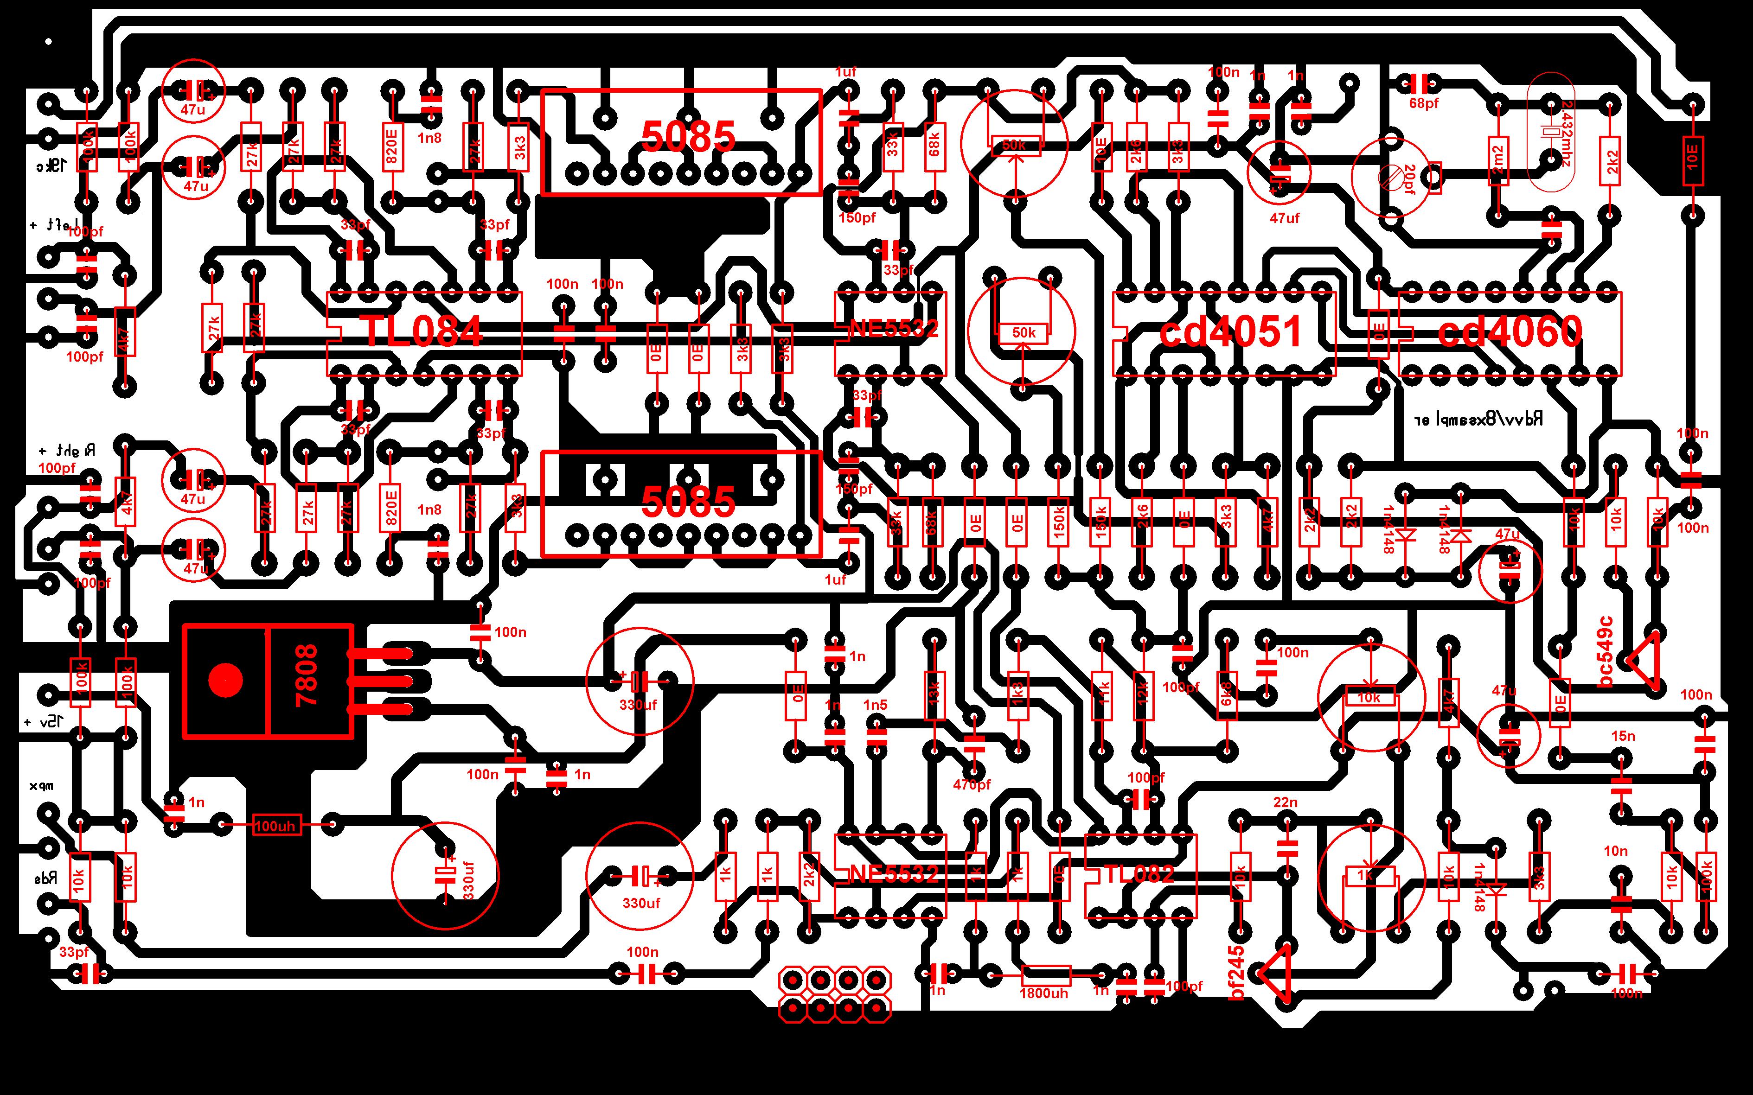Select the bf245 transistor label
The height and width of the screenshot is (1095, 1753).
[x=1237, y=974]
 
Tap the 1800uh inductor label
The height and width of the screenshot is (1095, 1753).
[x=1044, y=993]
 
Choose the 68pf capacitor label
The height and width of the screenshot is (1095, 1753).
[x=1423, y=103]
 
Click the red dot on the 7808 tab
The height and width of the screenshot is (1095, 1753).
[x=225, y=680]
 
